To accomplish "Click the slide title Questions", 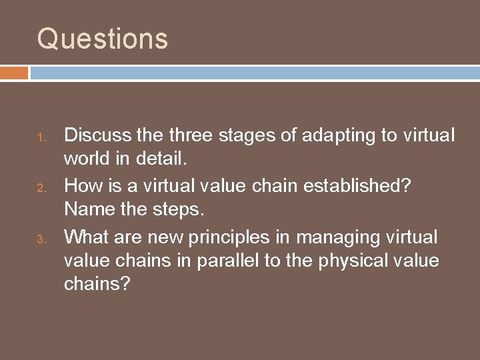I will point(103,38).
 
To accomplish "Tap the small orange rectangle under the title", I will point(14,72).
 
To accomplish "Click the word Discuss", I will point(95,135).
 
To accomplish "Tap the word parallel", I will point(227,261).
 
